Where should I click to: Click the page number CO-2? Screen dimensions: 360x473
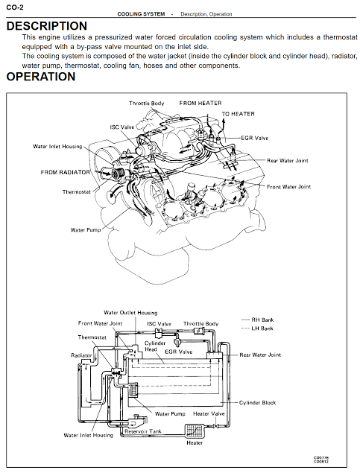click(x=15, y=7)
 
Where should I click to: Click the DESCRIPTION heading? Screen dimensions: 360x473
click(x=47, y=26)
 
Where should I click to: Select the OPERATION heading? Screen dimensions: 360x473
click(x=41, y=77)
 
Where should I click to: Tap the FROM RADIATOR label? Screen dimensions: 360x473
click(x=65, y=172)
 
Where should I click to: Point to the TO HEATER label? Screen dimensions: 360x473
click(x=238, y=114)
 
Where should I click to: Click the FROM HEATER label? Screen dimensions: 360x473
click(x=200, y=104)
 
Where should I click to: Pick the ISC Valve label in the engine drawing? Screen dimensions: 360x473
click(x=122, y=127)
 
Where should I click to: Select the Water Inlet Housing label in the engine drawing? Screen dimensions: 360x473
click(x=57, y=147)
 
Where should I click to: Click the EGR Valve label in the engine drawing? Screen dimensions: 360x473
click(x=254, y=138)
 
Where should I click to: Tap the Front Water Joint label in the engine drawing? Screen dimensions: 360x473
click(x=288, y=187)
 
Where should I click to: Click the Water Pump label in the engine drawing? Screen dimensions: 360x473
click(x=86, y=230)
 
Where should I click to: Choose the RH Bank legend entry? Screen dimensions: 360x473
click(x=257, y=320)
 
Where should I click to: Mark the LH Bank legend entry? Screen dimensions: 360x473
click(x=257, y=328)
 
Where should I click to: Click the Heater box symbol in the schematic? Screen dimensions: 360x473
click(x=195, y=431)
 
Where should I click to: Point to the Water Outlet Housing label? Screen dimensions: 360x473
click(x=130, y=313)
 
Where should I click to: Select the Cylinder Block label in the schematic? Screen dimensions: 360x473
click(x=257, y=403)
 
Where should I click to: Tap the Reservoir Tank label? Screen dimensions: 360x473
click(x=143, y=431)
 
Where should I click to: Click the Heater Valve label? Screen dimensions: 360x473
click(x=209, y=413)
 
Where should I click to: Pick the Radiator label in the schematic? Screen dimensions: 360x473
click(x=81, y=355)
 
